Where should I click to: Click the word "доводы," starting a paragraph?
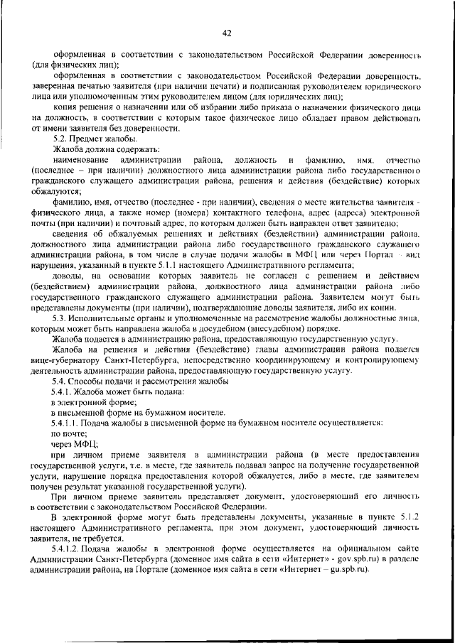[69, 276]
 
